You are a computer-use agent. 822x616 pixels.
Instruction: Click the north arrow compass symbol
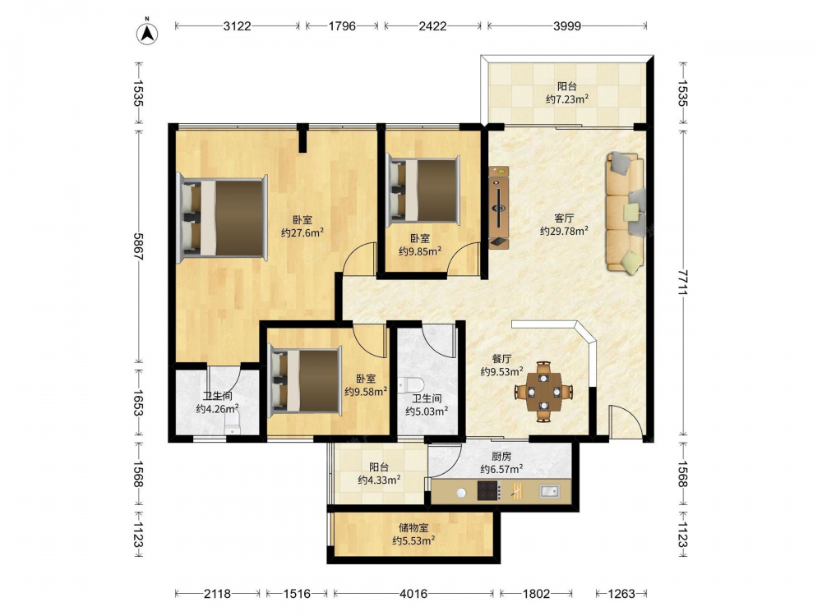click(x=147, y=33)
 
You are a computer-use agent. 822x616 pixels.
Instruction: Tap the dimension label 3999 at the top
click(x=566, y=25)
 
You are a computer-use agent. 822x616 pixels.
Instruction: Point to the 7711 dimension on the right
click(x=682, y=283)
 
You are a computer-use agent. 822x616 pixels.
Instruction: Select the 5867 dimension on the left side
click(x=138, y=246)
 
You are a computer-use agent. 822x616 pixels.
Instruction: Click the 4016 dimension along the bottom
click(x=413, y=594)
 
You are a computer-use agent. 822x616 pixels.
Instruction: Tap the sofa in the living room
click(x=625, y=212)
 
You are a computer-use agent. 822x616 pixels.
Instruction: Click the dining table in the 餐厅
click(x=543, y=391)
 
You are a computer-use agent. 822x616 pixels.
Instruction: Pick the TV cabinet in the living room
click(x=499, y=207)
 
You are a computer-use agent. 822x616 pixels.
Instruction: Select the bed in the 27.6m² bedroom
click(x=223, y=218)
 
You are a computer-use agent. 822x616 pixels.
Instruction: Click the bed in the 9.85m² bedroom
click(x=423, y=191)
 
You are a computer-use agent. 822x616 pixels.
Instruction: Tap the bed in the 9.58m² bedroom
click(x=305, y=381)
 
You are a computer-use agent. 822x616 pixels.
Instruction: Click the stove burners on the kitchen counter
click(x=488, y=491)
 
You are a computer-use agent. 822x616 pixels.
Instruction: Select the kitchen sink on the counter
click(x=549, y=491)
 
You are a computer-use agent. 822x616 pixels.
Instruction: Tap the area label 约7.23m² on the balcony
click(x=566, y=99)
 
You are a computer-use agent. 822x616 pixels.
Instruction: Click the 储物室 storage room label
click(x=413, y=527)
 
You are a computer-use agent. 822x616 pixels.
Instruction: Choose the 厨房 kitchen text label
click(x=501, y=457)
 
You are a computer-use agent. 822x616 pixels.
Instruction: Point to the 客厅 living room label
click(x=564, y=218)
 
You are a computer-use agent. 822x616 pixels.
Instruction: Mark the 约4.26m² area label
click(x=218, y=408)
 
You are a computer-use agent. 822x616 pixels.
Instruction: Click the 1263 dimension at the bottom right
click(x=621, y=594)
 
